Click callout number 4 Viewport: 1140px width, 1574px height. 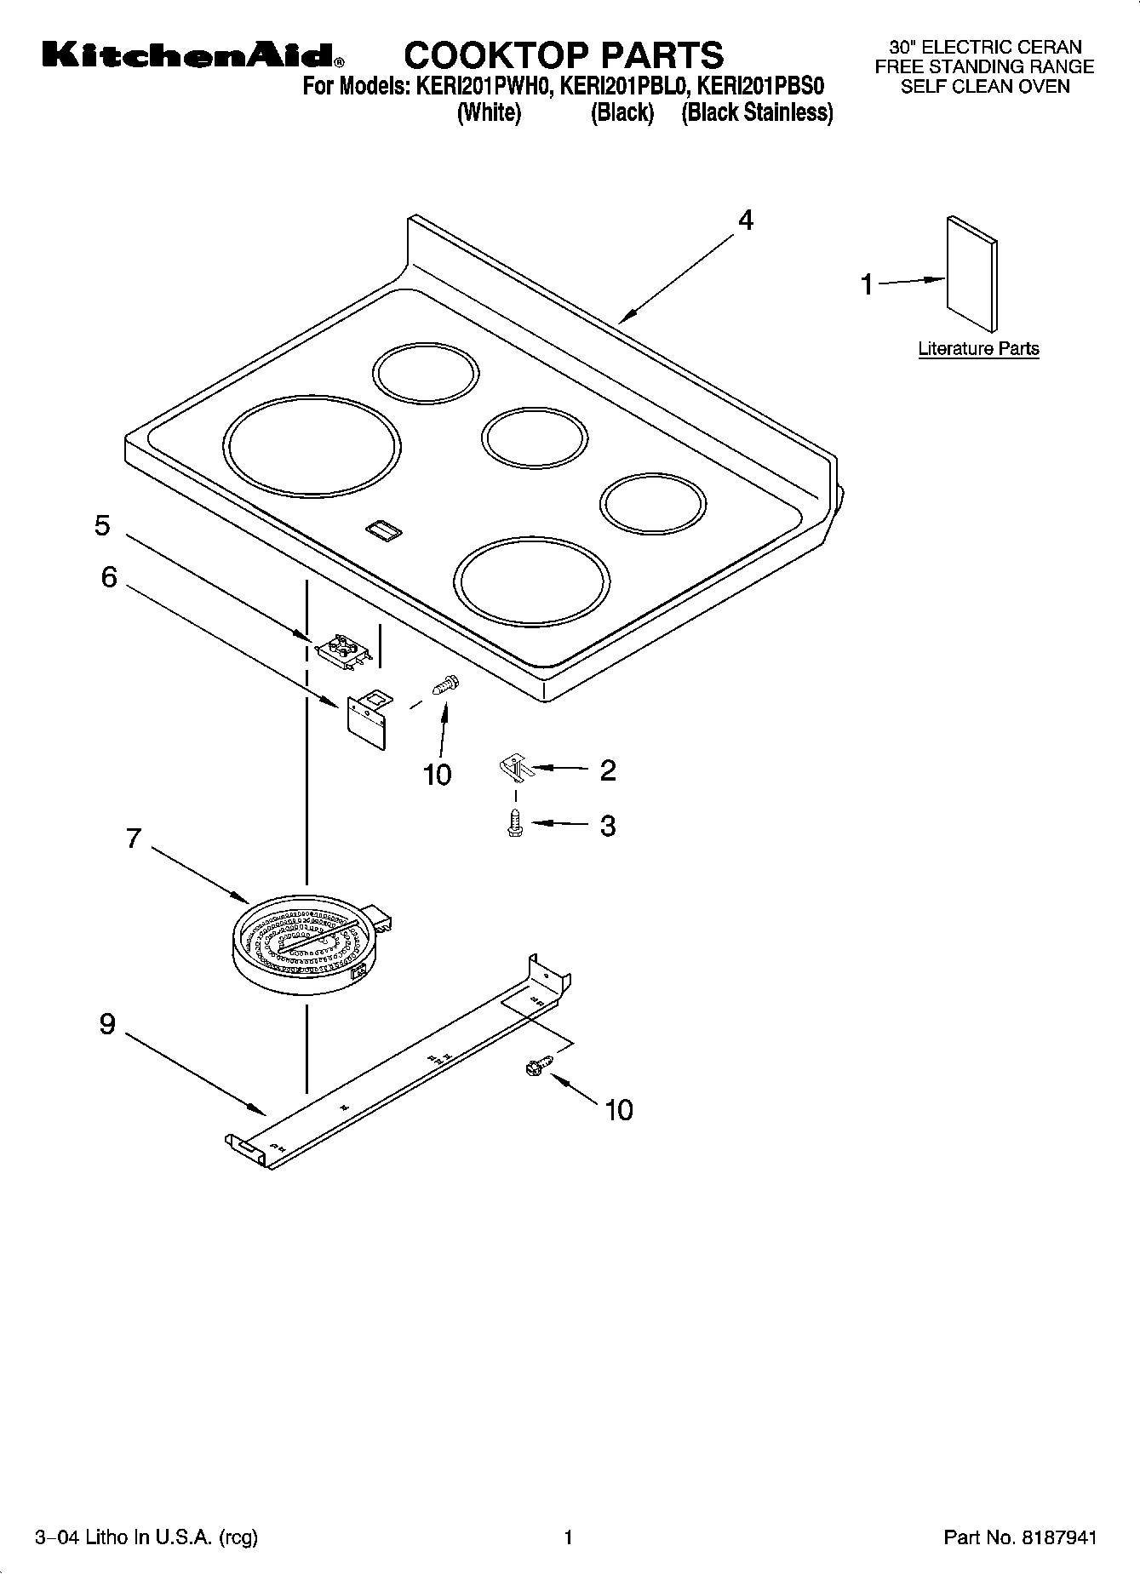(x=745, y=220)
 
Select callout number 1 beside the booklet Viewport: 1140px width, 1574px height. (x=867, y=284)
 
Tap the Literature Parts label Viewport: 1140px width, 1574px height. (x=978, y=348)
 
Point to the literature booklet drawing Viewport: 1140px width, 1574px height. (x=971, y=272)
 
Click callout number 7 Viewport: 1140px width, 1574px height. (x=132, y=839)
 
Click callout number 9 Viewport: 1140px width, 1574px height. (x=107, y=1023)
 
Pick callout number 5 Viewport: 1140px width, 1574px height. (x=102, y=525)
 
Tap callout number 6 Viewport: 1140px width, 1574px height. (x=109, y=577)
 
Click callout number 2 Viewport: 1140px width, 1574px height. (x=607, y=770)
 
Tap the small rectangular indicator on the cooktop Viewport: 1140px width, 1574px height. (x=383, y=530)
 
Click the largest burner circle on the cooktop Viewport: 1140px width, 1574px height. (x=312, y=447)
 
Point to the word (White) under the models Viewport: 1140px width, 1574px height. (x=489, y=112)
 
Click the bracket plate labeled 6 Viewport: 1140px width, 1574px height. (x=368, y=719)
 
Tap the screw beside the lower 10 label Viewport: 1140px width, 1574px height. (x=540, y=1063)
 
